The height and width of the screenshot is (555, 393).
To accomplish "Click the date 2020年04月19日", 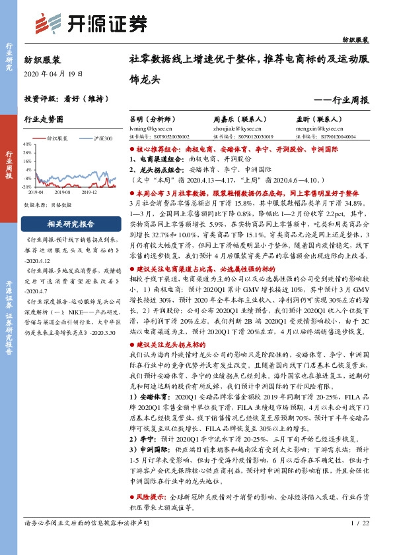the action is [54, 73].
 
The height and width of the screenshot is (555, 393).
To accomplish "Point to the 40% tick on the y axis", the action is [26, 144].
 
